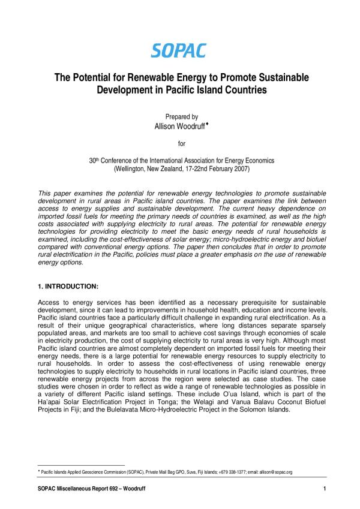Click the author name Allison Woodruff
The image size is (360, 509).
coord(178,127)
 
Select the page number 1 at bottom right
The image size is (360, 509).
coord(324,490)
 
